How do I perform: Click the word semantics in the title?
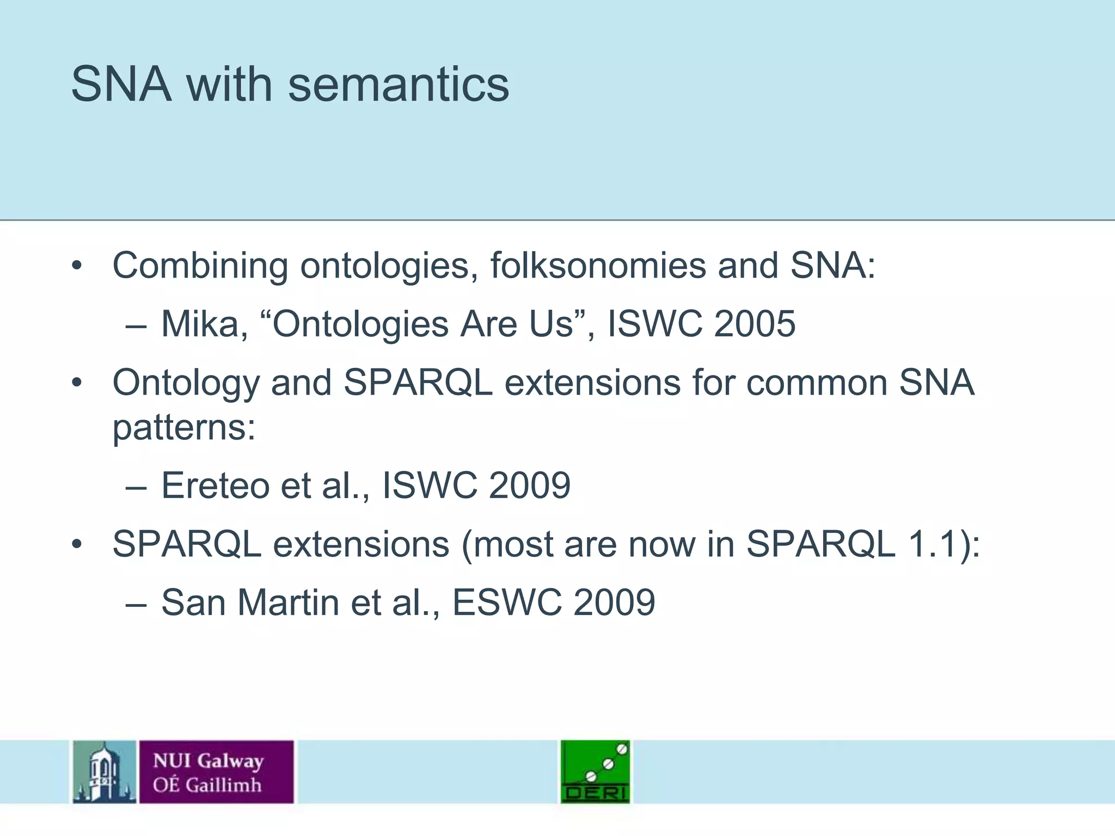tap(399, 85)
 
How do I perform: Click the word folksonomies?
tap(598, 266)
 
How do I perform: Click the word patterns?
tap(183, 427)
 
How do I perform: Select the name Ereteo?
tap(215, 485)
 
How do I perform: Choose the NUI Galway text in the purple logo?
tap(209, 760)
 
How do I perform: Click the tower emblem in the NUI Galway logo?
tap(104, 772)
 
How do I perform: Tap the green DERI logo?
tap(595, 772)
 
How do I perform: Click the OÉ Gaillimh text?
tap(207, 785)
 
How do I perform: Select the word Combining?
tap(200, 266)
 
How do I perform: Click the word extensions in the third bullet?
tap(361, 544)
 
